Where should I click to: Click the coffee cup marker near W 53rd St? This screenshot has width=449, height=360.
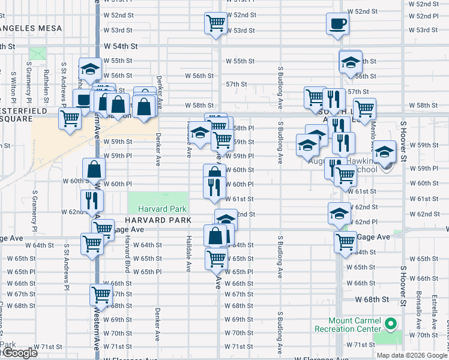coord(337,24)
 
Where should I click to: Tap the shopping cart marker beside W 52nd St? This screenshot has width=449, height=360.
coord(215,24)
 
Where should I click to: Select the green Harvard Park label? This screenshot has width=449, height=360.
coord(162,209)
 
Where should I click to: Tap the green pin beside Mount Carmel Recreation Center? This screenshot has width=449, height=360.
coord(391,325)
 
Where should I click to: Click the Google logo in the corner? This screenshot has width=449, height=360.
coord(19,353)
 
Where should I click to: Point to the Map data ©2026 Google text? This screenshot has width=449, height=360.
coord(412,355)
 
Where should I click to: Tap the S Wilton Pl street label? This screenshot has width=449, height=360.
coord(13,86)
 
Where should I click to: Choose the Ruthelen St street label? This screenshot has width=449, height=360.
coord(46,85)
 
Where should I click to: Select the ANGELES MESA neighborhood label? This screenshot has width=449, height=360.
coord(24,28)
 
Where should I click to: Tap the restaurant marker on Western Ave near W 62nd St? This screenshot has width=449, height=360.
coord(92,200)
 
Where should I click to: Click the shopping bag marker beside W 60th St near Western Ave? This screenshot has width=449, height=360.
coord(95,170)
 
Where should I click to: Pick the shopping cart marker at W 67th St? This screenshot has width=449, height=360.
coord(101,295)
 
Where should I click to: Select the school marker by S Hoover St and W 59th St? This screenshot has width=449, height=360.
coord(385,152)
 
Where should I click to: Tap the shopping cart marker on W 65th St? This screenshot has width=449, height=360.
coord(215,259)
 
